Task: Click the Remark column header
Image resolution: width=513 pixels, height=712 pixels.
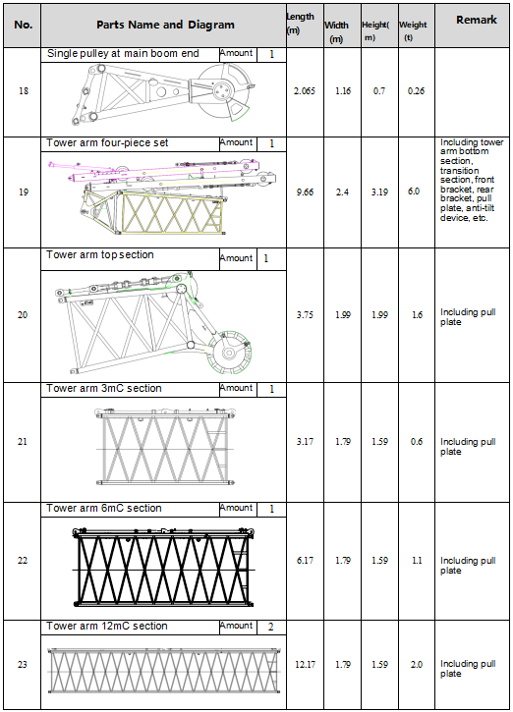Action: (477, 20)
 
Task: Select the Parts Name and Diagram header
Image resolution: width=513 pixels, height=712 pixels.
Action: (165, 25)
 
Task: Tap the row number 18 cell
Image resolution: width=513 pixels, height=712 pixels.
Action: (24, 90)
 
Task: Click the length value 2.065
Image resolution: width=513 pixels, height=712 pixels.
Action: (305, 90)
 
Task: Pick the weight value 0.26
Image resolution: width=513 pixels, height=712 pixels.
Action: (416, 90)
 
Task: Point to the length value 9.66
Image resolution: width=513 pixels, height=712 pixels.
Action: (305, 192)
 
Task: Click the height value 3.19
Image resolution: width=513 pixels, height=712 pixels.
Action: (379, 192)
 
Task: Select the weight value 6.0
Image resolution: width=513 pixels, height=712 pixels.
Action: (414, 192)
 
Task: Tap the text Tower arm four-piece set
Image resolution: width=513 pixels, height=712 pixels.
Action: (107, 143)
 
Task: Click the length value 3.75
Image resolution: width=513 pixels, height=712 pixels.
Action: (305, 314)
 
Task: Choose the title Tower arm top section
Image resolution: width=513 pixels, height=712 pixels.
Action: (100, 254)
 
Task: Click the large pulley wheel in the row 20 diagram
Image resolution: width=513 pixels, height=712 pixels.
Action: (229, 353)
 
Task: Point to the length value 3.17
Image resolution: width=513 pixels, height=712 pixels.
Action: (305, 441)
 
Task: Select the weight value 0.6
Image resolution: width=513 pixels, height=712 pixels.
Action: (417, 441)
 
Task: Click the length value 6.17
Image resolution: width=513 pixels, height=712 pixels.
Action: (305, 561)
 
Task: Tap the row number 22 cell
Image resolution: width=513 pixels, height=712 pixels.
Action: (23, 561)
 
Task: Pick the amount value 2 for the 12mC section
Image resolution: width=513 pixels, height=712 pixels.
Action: (271, 628)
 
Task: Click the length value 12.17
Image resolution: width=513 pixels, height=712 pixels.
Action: (305, 664)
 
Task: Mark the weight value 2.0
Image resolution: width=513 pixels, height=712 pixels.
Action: (417, 664)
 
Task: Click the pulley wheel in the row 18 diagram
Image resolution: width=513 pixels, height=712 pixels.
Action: (223, 90)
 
